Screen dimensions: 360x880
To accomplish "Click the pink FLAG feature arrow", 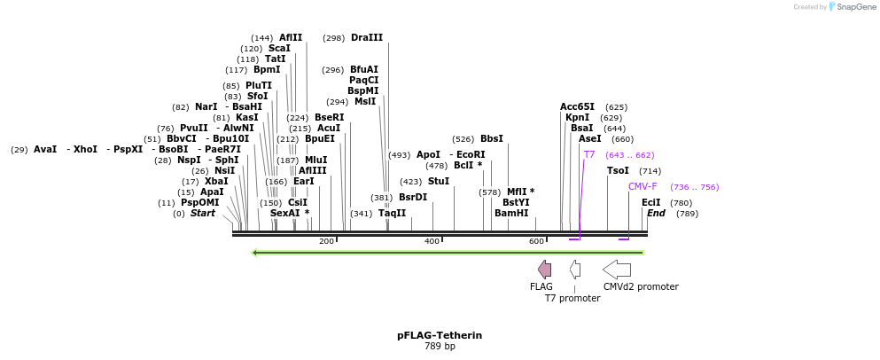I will pyautogui.click(x=544, y=270).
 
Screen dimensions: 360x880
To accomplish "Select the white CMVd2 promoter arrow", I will pyautogui.click(x=617, y=270).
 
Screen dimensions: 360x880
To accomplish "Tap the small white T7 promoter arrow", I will pyautogui.click(x=575, y=270).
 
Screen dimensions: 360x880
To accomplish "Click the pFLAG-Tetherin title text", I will pyautogui.click(x=440, y=335).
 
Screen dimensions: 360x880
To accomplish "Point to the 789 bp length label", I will pyautogui.click(x=440, y=347).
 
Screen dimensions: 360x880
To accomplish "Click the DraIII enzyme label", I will pyautogui.click(x=367, y=37).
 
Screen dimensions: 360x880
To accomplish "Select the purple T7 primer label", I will pyautogui.click(x=589, y=154).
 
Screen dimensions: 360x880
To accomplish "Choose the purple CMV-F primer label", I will pyautogui.click(x=642, y=186).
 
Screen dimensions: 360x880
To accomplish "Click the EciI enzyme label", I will pyautogui.click(x=651, y=202).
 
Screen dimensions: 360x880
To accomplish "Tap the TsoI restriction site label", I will pyautogui.click(x=618, y=170).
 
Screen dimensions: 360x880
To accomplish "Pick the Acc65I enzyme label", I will pyautogui.click(x=577, y=106).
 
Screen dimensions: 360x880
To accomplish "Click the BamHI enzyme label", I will pyautogui.click(x=511, y=213).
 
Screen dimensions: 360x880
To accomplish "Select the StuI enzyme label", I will pyautogui.click(x=439, y=181).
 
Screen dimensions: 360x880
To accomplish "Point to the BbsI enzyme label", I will pyautogui.click(x=492, y=138).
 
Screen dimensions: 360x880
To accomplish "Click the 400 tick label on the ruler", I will pyautogui.click(x=432, y=241).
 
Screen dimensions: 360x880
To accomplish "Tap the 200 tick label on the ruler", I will pyautogui.click(x=326, y=241).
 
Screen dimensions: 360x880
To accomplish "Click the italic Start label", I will pyautogui.click(x=203, y=213).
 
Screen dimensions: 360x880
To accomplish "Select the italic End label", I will pyautogui.click(x=656, y=213).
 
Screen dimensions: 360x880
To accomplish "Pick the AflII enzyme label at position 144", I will pyautogui.click(x=291, y=37).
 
